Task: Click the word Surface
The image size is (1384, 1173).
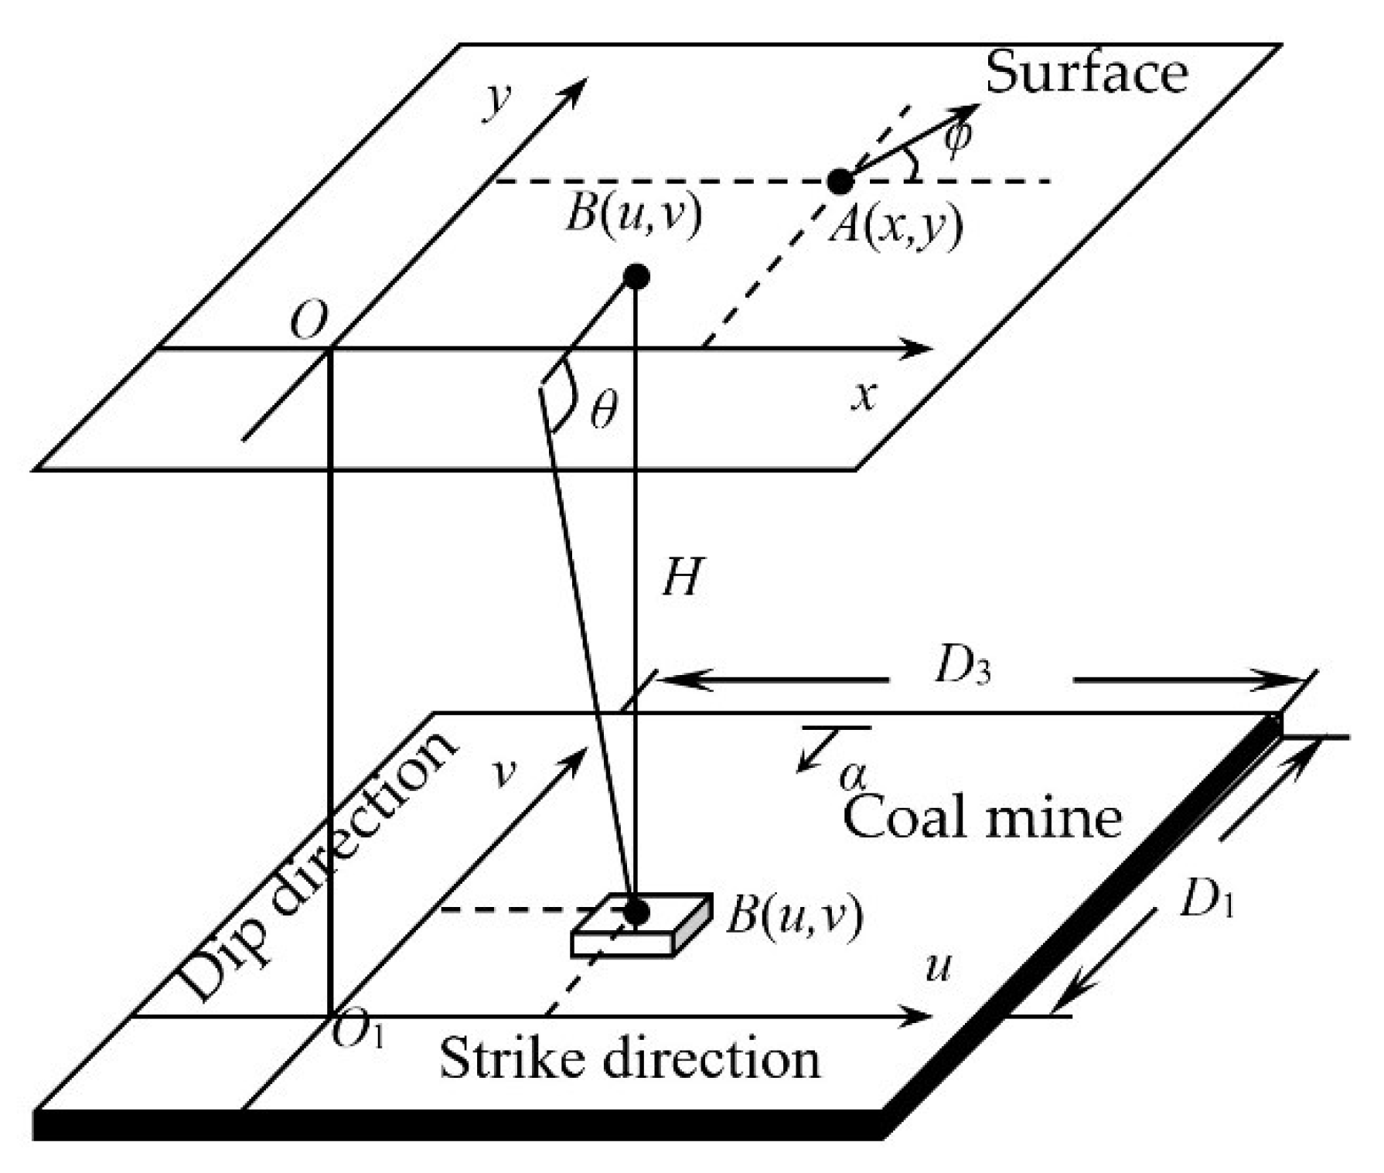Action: click(1086, 73)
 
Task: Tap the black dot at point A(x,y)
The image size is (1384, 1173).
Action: click(840, 181)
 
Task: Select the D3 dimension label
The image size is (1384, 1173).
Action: click(962, 667)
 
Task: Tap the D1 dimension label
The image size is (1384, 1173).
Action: click(1205, 899)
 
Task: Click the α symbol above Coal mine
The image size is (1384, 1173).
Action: click(854, 774)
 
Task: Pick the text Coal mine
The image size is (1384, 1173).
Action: click(982, 818)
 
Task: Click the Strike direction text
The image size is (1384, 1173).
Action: click(629, 1059)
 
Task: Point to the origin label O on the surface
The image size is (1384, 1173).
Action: click(309, 321)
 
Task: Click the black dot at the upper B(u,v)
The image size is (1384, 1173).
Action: click(636, 276)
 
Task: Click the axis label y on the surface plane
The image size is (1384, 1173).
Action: click(499, 103)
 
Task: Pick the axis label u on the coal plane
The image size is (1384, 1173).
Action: click(938, 967)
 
